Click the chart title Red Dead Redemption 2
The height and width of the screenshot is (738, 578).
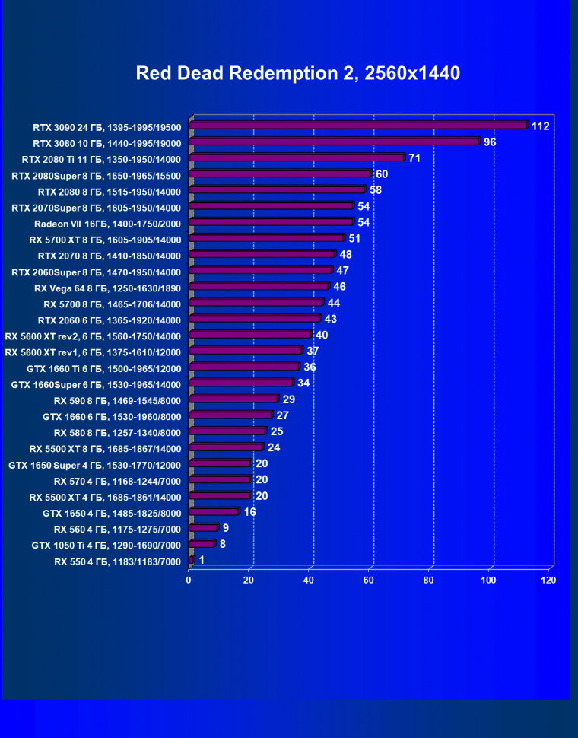(297, 73)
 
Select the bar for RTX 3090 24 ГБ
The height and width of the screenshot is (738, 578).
(357, 126)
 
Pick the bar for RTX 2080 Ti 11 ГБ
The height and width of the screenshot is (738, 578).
(296, 157)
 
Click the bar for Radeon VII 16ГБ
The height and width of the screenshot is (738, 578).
(271, 222)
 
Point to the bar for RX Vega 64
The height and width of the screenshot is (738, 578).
(259, 286)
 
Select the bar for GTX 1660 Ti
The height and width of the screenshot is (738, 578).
(243, 367)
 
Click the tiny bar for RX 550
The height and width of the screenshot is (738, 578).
(192, 560)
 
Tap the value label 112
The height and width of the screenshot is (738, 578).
(540, 126)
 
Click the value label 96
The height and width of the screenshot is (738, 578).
(490, 142)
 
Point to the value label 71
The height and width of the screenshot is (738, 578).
(414, 157)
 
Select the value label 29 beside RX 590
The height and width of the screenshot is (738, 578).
(288, 399)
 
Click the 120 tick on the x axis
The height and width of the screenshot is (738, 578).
(548, 581)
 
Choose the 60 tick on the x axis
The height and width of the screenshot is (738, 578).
(369, 581)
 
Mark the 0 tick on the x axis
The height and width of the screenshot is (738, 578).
(189, 581)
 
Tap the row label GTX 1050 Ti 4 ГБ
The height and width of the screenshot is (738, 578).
(106, 545)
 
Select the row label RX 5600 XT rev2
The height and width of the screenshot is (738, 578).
(93, 336)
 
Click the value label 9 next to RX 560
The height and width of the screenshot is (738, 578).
(226, 527)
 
